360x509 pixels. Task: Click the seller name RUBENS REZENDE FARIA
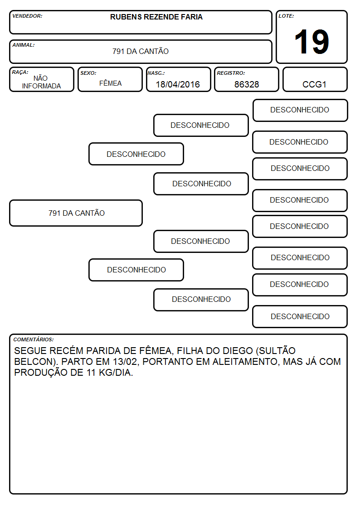(156, 17)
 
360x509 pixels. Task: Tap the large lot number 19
(311, 42)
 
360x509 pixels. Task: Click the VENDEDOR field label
(27, 16)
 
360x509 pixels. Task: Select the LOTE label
(286, 16)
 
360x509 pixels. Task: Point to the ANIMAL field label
(24, 45)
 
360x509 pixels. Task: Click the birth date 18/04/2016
(178, 84)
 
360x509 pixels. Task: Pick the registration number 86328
(247, 84)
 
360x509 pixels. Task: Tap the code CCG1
(314, 84)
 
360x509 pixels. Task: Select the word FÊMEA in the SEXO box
(110, 83)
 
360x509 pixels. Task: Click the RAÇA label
(20, 73)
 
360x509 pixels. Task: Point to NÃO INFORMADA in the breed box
(41, 82)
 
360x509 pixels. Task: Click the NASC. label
(156, 73)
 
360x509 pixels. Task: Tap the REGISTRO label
(231, 73)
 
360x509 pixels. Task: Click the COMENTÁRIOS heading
(34, 339)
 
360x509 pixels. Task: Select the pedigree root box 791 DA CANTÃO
(76, 213)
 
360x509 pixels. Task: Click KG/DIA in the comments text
(116, 373)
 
